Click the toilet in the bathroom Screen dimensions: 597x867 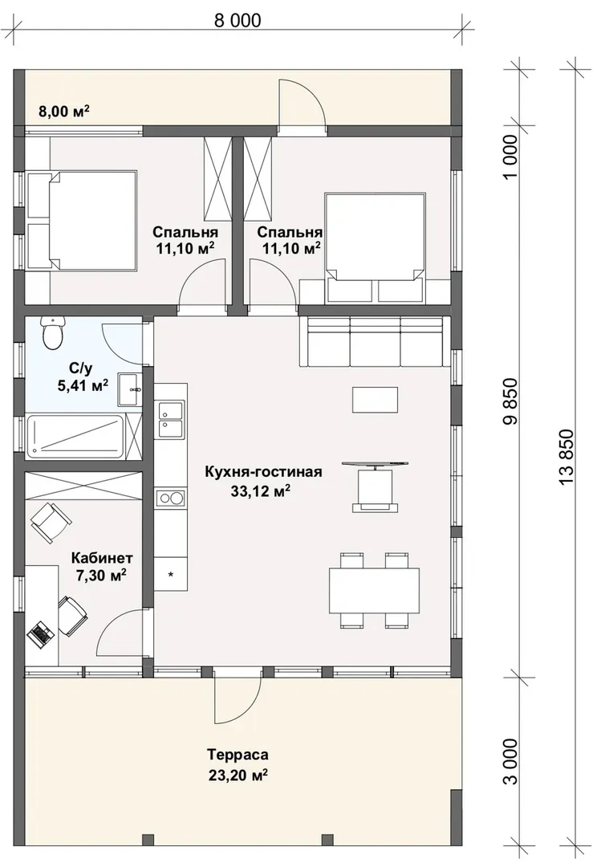53,333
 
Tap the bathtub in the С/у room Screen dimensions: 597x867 75,436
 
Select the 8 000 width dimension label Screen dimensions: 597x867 238,20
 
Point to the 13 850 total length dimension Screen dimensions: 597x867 567,458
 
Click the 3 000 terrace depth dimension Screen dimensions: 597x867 512,761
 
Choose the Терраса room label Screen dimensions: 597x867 238,754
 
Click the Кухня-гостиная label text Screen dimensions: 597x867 263,472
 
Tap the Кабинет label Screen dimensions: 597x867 102,557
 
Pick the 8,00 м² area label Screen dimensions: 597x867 64,112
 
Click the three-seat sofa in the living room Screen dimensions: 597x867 372,342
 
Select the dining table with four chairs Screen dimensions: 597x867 374,590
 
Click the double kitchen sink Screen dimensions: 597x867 171,420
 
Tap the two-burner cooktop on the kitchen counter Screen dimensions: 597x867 171,499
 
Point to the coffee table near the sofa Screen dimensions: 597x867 376,399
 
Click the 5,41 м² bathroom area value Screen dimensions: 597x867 83,385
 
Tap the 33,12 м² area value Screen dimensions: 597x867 261,491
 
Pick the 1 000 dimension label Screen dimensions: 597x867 512,156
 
